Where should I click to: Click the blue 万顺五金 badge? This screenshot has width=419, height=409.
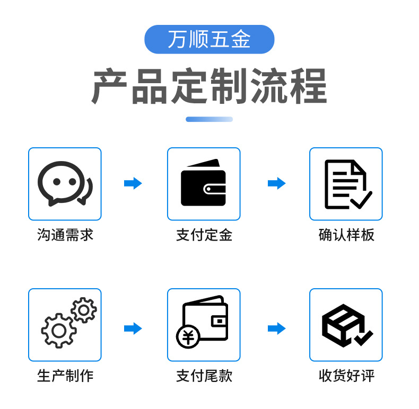(x=209, y=40)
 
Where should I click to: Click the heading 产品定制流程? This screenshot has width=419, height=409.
(x=209, y=86)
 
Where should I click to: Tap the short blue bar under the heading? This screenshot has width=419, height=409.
(x=209, y=119)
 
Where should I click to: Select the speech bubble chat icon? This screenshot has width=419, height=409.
(x=64, y=183)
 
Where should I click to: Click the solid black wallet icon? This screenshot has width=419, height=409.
(x=204, y=183)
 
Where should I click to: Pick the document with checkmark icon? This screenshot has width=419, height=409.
(x=347, y=184)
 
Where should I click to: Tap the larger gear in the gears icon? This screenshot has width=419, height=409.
(x=58, y=330)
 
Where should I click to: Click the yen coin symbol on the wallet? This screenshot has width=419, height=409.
(x=188, y=336)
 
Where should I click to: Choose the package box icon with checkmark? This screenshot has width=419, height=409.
(x=346, y=325)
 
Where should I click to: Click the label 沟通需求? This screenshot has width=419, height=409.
(x=65, y=235)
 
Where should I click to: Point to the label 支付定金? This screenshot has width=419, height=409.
(x=204, y=235)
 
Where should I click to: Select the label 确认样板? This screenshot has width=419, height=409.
(x=346, y=235)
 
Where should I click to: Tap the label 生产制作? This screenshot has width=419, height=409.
(x=65, y=376)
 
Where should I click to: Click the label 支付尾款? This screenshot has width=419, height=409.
(x=204, y=376)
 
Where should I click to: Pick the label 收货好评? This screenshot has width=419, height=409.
(x=346, y=376)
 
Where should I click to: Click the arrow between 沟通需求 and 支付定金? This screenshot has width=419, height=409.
(x=133, y=183)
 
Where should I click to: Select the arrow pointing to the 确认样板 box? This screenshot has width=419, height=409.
(x=276, y=183)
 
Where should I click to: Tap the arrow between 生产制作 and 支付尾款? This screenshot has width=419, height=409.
(x=133, y=328)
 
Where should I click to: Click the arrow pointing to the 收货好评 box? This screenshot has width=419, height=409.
(x=276, y=328)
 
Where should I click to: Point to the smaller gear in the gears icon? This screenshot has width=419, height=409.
(x=84, y=310)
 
